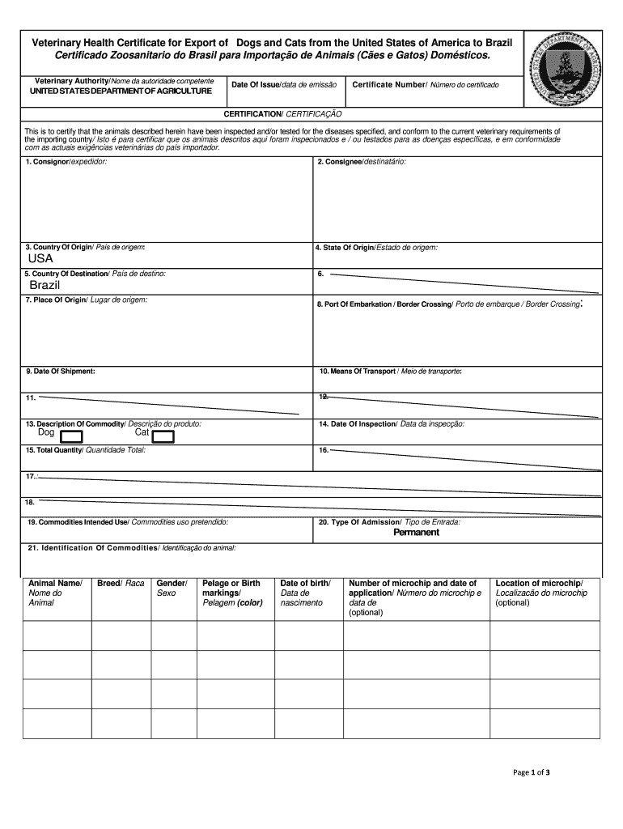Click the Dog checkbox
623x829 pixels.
[x=71, y=437]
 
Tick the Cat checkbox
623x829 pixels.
[x=163, y=437]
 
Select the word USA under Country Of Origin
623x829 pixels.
[x=40, y=259]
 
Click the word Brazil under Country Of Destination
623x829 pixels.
[x=45, y=287]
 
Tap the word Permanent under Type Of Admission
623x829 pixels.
[x=416, y=533]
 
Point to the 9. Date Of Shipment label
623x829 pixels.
[x=60, y=371]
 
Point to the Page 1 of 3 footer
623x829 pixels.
[x=532, y=772]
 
